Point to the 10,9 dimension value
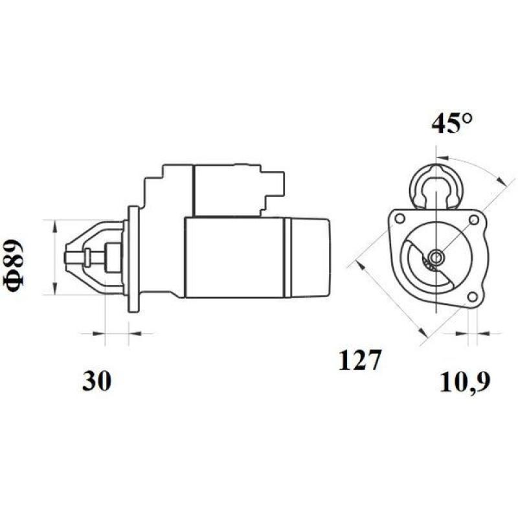click(464, 381)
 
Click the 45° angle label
click(452, 123)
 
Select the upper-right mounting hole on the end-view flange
click(474, 221)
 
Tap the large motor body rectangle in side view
click(233, 257)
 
